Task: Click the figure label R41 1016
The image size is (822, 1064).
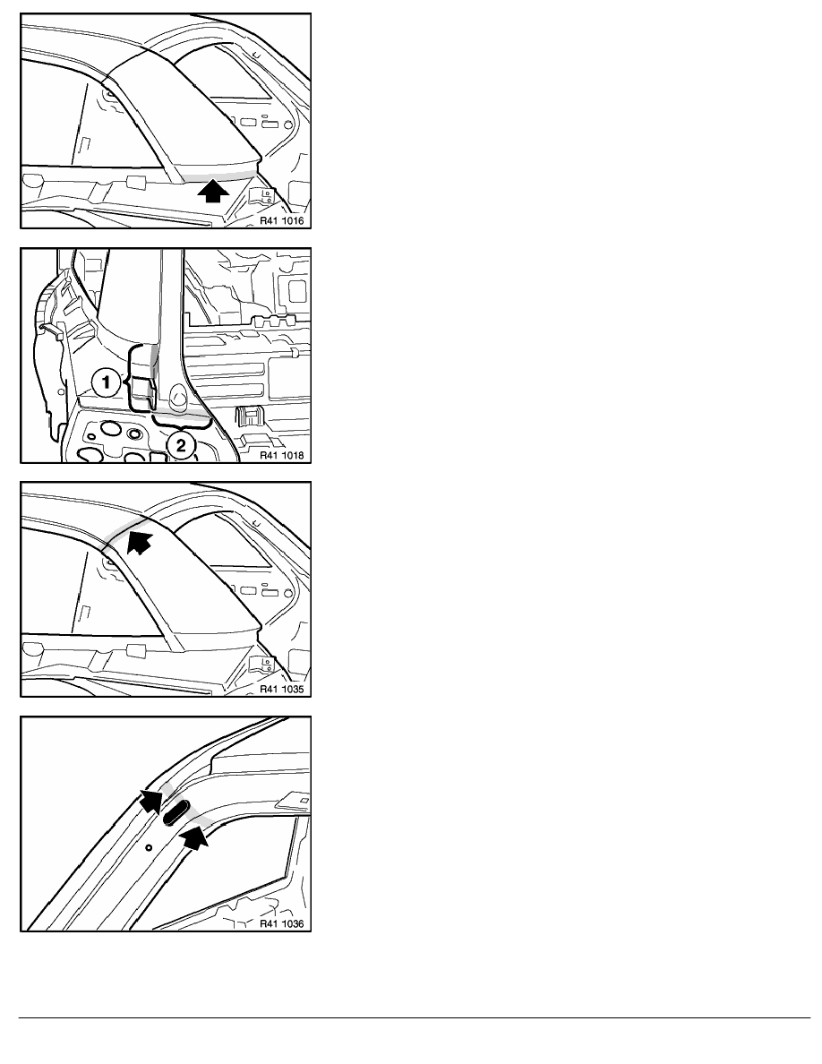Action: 281,220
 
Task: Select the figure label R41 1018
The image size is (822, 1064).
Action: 281,455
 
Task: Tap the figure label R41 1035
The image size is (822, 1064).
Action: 281,689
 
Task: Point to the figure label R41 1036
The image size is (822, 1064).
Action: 281,923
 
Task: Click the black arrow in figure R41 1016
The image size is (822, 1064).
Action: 213,191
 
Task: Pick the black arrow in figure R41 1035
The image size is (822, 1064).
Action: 140,542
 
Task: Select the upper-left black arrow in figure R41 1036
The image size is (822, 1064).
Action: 152,801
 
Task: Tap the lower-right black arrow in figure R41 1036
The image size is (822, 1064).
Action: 194,837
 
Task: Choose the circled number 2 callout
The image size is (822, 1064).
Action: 181,445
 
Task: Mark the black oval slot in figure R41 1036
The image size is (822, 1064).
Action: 176,812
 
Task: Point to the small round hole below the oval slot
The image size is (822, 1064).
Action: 149,847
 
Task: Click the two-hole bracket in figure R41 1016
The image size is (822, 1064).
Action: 263,195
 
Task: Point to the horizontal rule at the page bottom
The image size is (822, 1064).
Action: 415,1017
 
